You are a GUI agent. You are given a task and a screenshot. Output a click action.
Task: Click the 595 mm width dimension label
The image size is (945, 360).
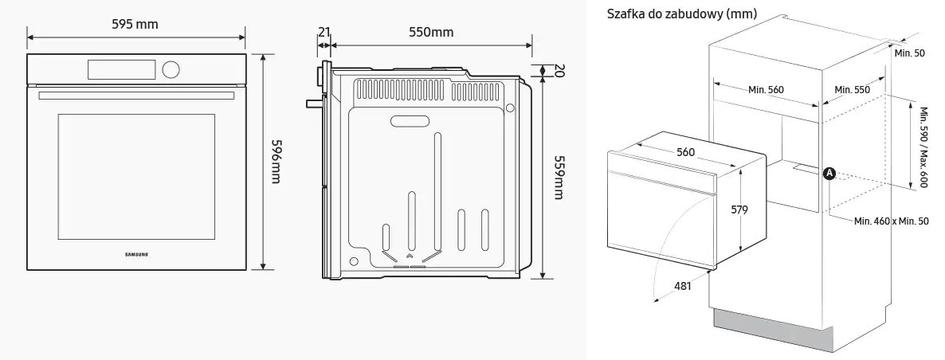coord(135,25)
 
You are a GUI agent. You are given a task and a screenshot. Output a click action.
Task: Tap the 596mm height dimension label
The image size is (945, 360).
coord(276,162)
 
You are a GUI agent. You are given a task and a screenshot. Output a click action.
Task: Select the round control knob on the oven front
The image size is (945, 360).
coord(171,69)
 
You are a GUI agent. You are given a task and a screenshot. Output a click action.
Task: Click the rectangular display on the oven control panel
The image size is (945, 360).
coord(122,70)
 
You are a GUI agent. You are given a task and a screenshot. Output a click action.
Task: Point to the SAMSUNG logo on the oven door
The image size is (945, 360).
coord(136,254)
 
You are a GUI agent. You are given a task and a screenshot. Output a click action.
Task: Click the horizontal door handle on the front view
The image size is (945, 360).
coord(136,96)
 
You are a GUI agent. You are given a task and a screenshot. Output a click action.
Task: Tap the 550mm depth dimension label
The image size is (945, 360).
coord(431,32)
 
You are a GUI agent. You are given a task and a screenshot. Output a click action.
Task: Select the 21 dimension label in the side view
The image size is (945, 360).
coord(324,32)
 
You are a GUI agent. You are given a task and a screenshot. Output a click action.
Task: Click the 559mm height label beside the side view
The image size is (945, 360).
coord(559,177)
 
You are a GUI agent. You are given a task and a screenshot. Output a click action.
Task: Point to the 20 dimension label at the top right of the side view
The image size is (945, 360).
coord(558,70)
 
